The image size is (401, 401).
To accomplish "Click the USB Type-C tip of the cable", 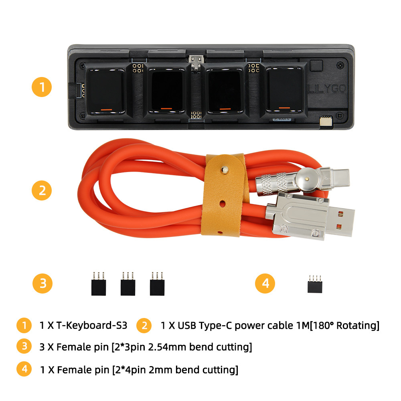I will [x=339, y=175].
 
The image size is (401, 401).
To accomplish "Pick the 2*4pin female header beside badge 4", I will [x=315, y=284].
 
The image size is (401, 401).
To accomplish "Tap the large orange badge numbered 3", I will [x=43, y=284].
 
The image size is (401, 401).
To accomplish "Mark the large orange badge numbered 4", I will [x=265, y=284].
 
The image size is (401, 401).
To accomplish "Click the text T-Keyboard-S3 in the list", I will [x=92, y=325].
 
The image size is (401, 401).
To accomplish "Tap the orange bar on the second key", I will [x=166, y=108].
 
